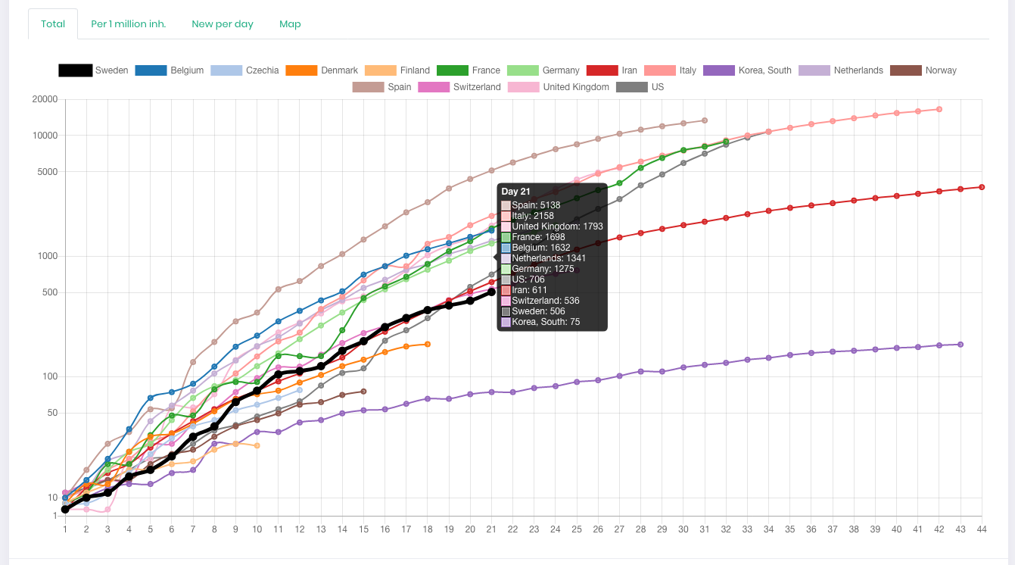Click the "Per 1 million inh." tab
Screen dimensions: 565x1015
[128, 23]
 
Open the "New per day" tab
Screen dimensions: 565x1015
[223, 23]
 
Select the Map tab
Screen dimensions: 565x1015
[290, 23]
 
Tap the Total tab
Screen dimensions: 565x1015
[53, 23]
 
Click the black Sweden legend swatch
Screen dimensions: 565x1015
[75, 70]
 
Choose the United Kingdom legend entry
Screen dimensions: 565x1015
[575, 87]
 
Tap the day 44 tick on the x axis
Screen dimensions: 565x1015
[982, 529]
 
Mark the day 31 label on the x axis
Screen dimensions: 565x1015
[705, 529]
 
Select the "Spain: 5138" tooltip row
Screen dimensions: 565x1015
[536, 205]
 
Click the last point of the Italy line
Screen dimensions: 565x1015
[939, 109]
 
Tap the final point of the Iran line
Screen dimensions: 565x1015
[982, 186]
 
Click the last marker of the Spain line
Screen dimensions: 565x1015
[705, 120]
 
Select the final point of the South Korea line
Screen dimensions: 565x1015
[961, 345]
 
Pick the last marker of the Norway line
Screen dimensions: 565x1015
[364, 391]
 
